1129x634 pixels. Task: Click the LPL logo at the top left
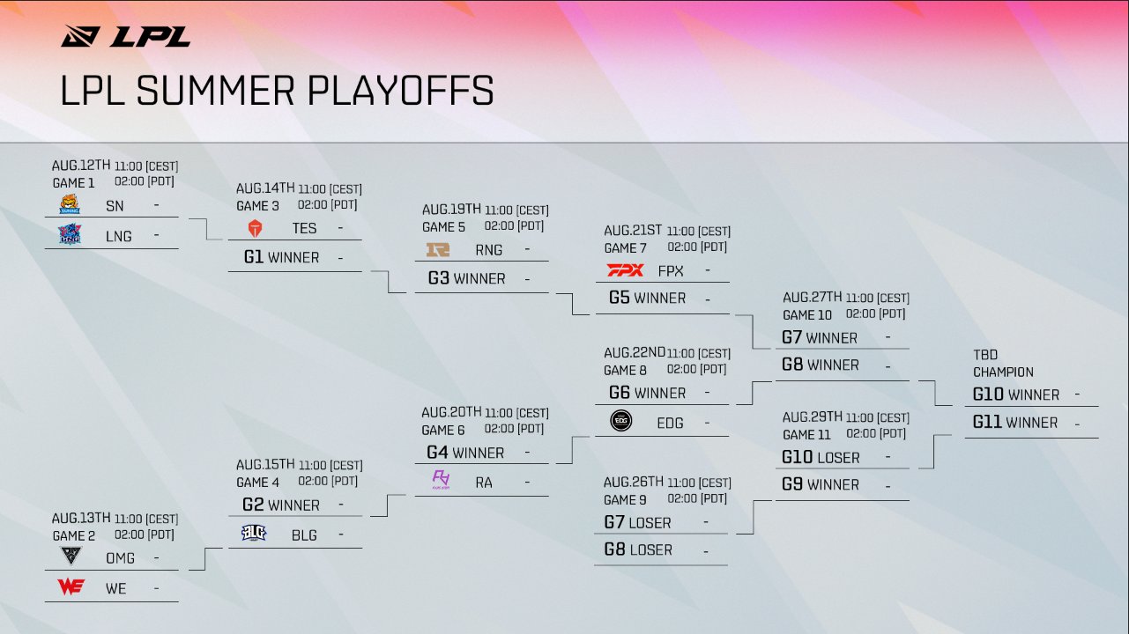pyautogui.click(x=125, y=36)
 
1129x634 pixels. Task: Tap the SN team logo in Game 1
pyautogui.click(x=69, y=205)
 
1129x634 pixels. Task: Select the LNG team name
pyautogui.click(x=118, y=236)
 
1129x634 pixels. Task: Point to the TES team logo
pyautogui.click(x=255, y=228)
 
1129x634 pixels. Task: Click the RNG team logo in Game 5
pyautogui.click(x=438, y=249)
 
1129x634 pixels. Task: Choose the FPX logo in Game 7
pyautogui.click(x=625, y=270)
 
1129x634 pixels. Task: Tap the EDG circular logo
pyautogui.click(x=621, y=422)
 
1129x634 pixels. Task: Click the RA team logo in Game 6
pyautogui.click(x=441, y=480)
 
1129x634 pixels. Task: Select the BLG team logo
pyautogui.click(x=254, y=533)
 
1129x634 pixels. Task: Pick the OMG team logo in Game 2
pyautogui.click(x=70, y=556)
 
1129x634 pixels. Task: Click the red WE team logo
pyautogui.click(x=70, y=587)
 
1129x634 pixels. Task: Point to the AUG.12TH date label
pyautogui.click(x=81, y=166)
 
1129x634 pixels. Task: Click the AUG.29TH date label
pyautogui.click(x=813, y=417)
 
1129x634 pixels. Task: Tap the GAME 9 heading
pyautogui.click(x=626, y=499)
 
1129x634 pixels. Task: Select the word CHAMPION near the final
pyautogui.click(x=1003, y=372)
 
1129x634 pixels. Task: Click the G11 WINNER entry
pyautogui.click(x=1014, y=423)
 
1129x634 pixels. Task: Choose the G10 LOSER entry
pyautogui.click(x=821, y=457)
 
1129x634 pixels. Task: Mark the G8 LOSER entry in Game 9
pyautogui.click(x=638, y=549)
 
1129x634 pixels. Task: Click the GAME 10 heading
pyautogui.click(x=806, y=314)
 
